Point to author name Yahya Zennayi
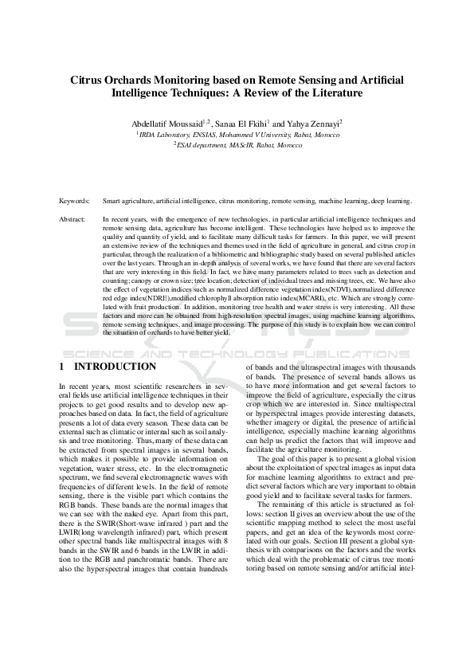click(312, 124)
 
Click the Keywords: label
click(74, 202)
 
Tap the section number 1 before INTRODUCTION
click(62, 367)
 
